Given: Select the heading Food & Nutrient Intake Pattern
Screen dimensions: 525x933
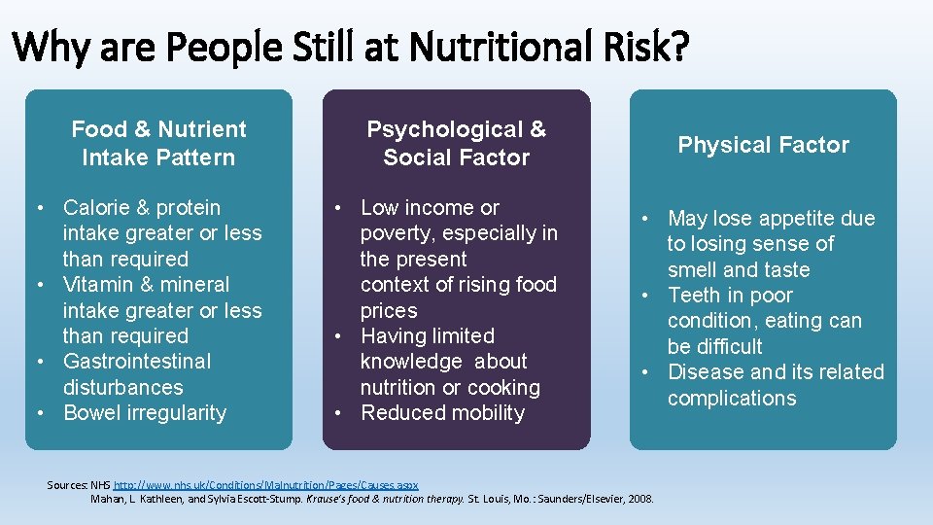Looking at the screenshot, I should coord(158,143).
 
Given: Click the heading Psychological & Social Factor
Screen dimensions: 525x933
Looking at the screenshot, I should coord(456,143).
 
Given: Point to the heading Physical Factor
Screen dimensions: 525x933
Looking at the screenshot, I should coord(763,145).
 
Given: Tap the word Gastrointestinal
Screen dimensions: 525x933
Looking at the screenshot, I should coord(136,361).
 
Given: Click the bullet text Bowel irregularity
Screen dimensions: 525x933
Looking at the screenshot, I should coord(144,412).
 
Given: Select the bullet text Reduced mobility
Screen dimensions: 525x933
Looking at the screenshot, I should coord(442,412).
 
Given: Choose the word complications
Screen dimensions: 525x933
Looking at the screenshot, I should coord(732,398).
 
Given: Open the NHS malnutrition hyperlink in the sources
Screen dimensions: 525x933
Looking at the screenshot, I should coord(265,484).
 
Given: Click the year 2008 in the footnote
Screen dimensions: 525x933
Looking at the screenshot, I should coord(639,499).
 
